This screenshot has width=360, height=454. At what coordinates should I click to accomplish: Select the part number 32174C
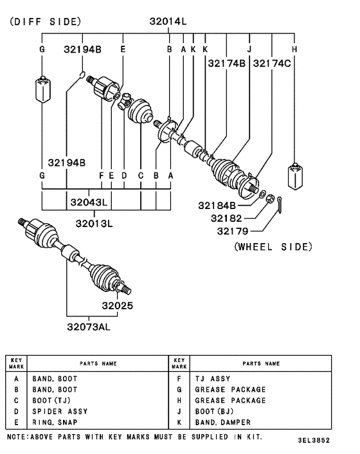272,63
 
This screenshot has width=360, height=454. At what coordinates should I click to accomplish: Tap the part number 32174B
226,63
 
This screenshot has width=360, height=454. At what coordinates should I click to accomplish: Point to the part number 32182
226,218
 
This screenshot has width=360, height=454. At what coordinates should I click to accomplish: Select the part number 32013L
93,224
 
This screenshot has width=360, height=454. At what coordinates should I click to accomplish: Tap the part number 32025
116,305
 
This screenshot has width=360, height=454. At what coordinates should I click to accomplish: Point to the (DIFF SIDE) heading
44,21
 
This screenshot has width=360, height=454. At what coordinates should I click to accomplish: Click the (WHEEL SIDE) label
273,246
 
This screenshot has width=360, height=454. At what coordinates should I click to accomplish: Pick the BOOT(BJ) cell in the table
217,411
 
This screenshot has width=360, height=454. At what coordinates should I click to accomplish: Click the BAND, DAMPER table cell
223,422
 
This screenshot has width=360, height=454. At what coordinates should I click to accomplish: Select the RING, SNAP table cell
55,422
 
